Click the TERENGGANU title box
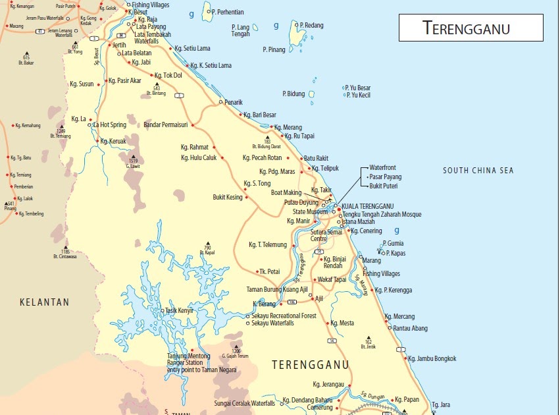coord(471,28)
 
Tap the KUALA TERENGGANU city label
coord(372,206)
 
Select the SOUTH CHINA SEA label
coord(478,171)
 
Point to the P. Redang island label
coord(311,25)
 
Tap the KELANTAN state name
coord(44,302)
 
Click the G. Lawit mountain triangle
coord(133,155)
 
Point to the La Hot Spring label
coord(110,125)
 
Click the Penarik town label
coord(234,102)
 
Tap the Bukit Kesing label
coord(228,197)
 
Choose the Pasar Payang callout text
coord(385,177)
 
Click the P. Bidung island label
coord(293,94)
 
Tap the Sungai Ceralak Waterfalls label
coord(245,402)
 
